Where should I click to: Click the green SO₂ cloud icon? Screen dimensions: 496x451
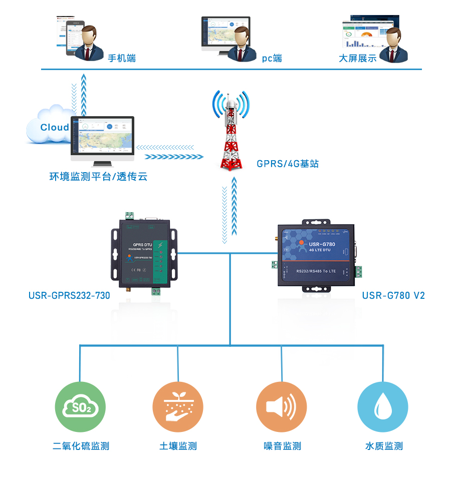point(80,407)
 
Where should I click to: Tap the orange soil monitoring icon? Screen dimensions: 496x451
point(178,407)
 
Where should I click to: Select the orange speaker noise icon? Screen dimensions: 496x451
point(281,407)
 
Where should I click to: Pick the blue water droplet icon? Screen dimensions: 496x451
point(383,407)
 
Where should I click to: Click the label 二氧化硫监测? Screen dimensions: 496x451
point(81,446)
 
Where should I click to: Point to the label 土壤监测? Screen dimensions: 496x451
point(178,446)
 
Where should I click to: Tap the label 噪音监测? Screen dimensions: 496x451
point(282,446)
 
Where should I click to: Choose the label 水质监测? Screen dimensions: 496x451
point(384,446)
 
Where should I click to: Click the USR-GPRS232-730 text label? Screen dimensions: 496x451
point(69,295)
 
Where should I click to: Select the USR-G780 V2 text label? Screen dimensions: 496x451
point(393,295)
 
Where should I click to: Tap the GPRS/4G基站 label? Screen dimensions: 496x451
point(288,164)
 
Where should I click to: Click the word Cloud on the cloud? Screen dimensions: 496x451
point(55,127)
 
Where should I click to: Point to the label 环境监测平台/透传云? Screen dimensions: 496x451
point(98,177)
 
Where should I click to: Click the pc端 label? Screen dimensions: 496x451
point(272,59)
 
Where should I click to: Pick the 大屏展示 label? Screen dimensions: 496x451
point(357,59)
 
